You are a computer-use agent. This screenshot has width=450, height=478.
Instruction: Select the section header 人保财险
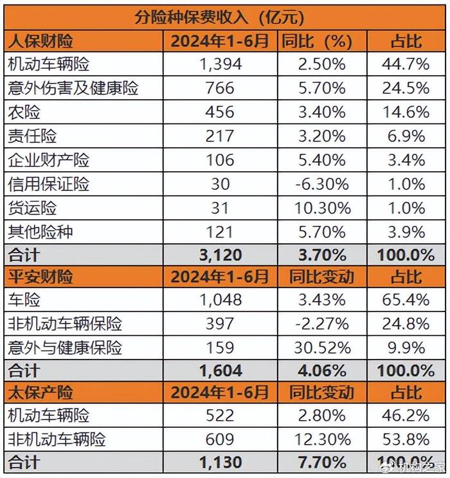pyautogui.click(x=40, y=41)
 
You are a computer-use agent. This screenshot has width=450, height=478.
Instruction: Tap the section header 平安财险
pyautogui.click(x=40, y=276)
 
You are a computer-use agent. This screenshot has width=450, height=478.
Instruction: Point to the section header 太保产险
pyautogui.click(x=40, y=392)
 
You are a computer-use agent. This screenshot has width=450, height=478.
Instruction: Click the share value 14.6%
pyautogui.click(x=407, y=112)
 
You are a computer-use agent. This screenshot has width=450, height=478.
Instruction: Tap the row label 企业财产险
pyautogui.click(x=48, y=160)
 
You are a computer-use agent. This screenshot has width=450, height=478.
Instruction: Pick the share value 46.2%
pyautogui.click(x=407, y=416)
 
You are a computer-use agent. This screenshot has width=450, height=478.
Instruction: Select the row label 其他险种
pyautogui.click(x=40, y=231)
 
